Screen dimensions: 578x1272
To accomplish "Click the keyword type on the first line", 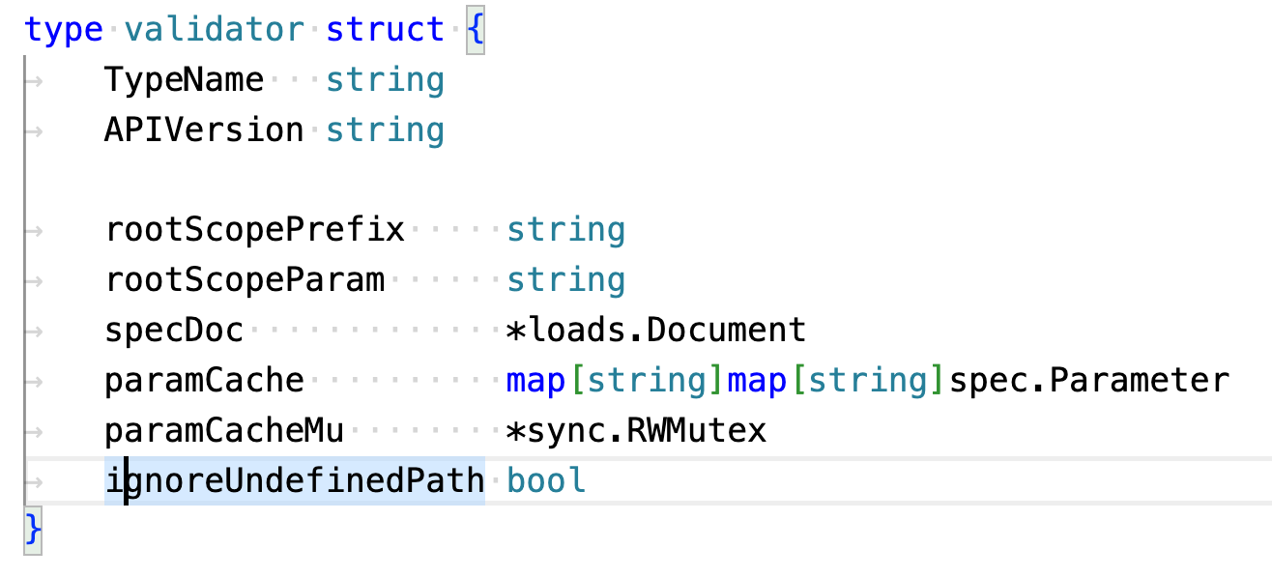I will (63, 29).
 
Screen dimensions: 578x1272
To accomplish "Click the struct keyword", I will (385, 29).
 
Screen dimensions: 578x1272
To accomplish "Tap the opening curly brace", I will (475, 29).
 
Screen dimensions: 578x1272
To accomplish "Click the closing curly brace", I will (33, 529).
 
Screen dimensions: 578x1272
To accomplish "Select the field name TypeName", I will (184, 79).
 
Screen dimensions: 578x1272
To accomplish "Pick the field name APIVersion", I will (204, 130).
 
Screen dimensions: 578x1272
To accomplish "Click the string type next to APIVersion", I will (385, 130).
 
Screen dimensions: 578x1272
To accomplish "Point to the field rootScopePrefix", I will (254, 230).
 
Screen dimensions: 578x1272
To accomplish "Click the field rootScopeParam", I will (245, 280).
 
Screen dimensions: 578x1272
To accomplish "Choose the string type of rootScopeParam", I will (565, 280).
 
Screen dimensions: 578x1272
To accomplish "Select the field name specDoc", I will (174, 331).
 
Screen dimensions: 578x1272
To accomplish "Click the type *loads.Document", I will (655, 331).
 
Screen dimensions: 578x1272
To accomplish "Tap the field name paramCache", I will (204, 381).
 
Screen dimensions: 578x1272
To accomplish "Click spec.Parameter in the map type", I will (1089, 381).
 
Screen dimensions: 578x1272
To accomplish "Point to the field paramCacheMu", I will (224, 431).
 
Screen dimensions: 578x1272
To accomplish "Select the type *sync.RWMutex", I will (636, 431).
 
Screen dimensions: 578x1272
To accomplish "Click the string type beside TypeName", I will (385, 79).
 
